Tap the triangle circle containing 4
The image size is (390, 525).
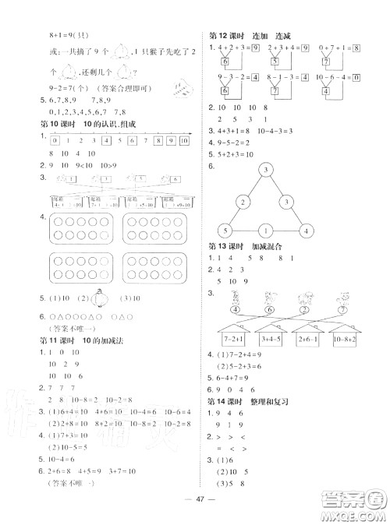click(x=307, y=231)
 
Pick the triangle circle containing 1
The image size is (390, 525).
click(x=265, y=231)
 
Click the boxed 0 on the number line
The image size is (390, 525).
click(x=54, y=141)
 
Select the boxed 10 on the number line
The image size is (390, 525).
click(x=184, y=141)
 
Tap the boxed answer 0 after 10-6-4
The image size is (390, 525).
click(x=356, y=77)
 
